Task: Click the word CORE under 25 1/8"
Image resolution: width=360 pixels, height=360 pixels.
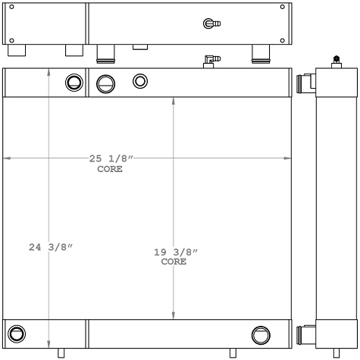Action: [x=110, y=169]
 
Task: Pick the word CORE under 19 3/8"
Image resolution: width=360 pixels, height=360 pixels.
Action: [x=174, y=261]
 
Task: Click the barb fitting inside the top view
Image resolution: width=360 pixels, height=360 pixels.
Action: [x=212, y=24]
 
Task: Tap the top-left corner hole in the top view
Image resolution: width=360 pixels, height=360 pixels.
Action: [x=11, y=8]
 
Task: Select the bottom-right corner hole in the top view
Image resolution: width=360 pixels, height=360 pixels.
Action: [x=283, y=40]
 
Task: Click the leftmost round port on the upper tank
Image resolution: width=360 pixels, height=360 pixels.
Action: [x=74, y=82]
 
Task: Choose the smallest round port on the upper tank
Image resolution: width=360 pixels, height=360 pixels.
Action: [x=140, y=80]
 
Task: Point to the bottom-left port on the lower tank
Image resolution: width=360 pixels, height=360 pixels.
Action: [x=15, y=333]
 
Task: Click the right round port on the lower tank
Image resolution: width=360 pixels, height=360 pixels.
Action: [x=260, y=333]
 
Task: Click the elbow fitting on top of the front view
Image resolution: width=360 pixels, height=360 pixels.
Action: [x=210, y=59]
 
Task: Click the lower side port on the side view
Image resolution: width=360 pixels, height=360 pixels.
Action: [x=307, y=333]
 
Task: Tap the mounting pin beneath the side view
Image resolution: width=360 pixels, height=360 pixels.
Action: [x=336, y=352]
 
